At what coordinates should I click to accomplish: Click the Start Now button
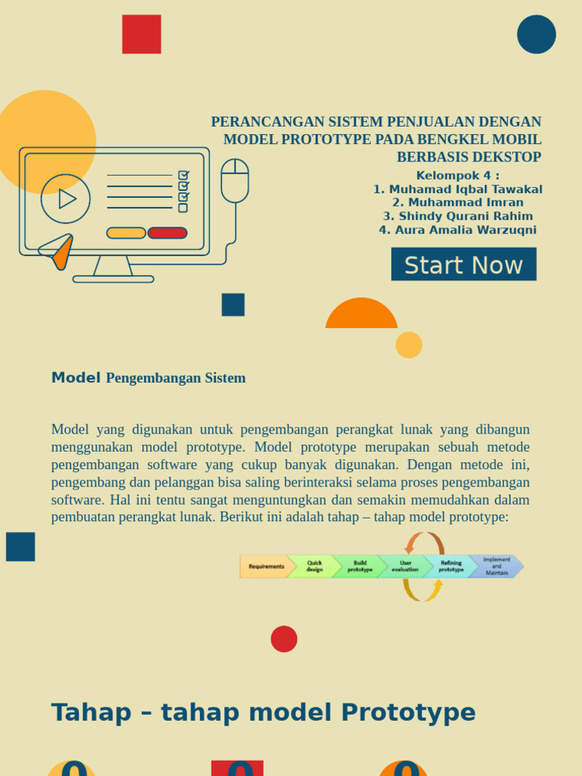coord(463,264)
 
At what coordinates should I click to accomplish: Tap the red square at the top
coord(142,34)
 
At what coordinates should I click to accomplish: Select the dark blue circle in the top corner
coord(537,34)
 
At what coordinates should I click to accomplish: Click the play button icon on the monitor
coord(66,199)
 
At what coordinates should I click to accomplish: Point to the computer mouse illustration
coord(235,180)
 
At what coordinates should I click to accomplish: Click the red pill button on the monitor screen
coord(167,233)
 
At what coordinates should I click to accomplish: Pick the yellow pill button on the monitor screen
coord(126,233)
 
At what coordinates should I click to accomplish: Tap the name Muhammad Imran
coord(458,202)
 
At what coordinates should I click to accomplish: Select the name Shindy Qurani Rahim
coord(458,216)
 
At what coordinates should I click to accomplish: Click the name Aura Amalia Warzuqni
coord(458,230)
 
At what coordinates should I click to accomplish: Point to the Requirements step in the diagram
coord(266,566)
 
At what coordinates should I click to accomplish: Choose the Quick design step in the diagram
coord(314,566)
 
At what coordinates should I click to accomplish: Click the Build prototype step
coord(360,566)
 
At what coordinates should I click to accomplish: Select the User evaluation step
coord(405,566)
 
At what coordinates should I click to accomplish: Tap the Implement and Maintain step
coord(497,566)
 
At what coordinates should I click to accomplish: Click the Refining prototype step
coord(451,566)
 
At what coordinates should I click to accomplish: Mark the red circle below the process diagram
coord(284,639)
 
